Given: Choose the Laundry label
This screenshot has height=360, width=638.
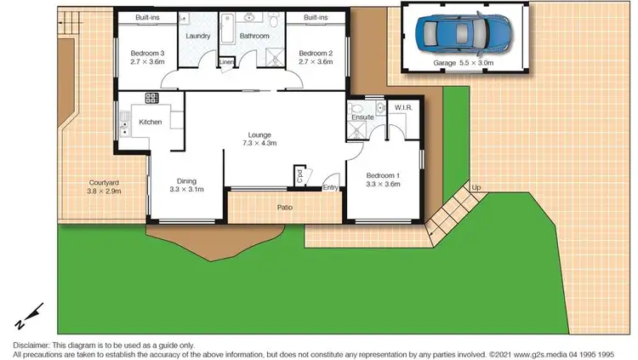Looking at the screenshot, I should point(198,37).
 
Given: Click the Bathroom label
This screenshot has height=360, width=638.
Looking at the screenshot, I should point(253,37).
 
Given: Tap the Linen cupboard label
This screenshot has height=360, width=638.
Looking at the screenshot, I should point(226,62).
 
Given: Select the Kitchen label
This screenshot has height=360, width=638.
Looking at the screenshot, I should point(151,123).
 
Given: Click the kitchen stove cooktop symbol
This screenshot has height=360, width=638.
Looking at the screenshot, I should point(152,98).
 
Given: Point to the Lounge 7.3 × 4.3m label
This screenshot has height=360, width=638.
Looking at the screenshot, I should point(259,140).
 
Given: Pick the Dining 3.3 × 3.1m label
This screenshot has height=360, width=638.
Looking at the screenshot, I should point(185,185).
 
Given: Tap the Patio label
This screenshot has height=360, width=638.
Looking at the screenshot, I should point(286,206).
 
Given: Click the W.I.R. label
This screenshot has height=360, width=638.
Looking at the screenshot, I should point(402,108).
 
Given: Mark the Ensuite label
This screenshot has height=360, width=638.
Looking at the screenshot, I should point(363,117).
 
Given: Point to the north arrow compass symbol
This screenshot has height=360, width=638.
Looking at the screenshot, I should point(25,317).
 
